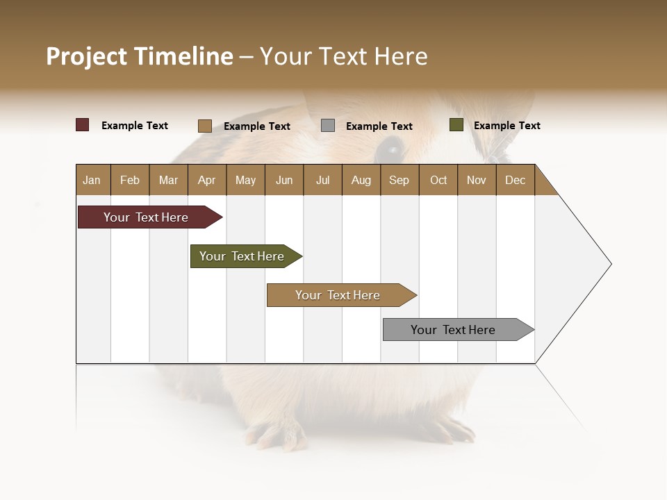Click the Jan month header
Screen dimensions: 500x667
92,180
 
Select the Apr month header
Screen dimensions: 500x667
207,180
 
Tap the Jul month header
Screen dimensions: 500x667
322,180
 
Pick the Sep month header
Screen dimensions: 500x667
399,180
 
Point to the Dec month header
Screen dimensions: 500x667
515,180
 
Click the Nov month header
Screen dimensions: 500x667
477,180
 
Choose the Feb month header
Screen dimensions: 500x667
130,180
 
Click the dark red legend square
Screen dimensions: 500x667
83,125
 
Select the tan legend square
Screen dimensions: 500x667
205,126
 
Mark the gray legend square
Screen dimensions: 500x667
328,126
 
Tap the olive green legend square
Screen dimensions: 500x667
456,125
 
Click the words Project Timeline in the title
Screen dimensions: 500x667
140,56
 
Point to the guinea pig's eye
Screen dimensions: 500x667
391,148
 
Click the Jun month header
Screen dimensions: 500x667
284,180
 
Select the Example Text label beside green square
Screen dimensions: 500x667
507,126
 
